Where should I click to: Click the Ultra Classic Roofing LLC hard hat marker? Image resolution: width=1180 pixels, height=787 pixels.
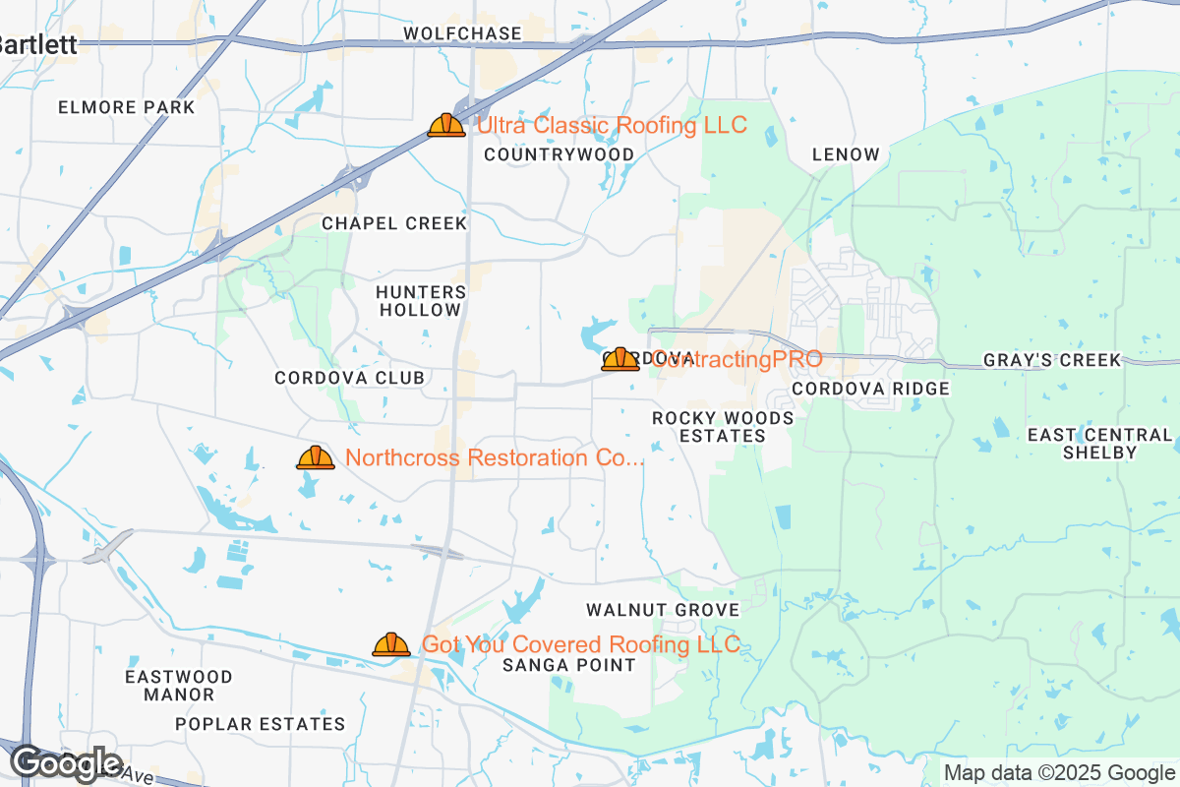pyautogui.click(x=446, y=125)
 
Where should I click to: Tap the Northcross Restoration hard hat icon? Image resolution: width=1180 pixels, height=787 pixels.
pyautogui.click(x=316, y=457)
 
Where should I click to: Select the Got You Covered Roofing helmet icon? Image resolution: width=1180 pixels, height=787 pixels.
pyautogui.click(x=390, y=644)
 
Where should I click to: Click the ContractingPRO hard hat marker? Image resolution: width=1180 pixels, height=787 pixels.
pyautogui.click(x=620, y=359)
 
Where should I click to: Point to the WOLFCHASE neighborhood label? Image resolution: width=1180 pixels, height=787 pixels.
pyautogui.click(x=463, y=34)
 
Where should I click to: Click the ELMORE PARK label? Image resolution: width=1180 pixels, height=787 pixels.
pyautogui.click(x=127, y=107)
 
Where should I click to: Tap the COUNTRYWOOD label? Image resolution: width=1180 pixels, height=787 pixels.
pyautogui.click(x=560, y=154)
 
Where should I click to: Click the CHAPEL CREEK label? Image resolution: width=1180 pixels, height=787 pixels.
pyautogui.click(x=394, y=223)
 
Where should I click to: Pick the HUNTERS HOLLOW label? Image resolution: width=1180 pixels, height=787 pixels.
pyautogui.click(x=421, y=301)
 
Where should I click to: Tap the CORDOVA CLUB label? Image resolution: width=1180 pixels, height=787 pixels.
pyautogui.click(x=350, y=378)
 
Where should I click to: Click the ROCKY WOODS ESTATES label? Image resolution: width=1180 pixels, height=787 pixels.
pyautogui.click(x=723, y=427)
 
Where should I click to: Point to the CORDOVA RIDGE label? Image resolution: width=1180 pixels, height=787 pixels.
pyautogui.click(x=871, y=389)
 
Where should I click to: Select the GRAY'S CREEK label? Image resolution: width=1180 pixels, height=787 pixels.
pyautogui.click(x=1052, y=361)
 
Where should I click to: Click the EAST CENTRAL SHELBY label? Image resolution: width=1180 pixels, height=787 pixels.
pyautogui.click(x=1100, y=444)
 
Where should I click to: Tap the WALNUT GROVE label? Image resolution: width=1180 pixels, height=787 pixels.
pyautogui.click(x=663, y=610)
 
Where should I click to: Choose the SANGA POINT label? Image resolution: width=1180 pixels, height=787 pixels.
pyautogui.click(x=568, y=665)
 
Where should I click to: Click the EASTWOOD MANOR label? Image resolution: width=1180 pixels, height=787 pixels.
pyautogui.click(x=179, y=686)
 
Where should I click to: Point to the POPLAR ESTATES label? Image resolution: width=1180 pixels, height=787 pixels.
pyautogui.click(x=261, y=724)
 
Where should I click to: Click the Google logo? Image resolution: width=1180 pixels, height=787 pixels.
pyautogui.click(x=66, y=762)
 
